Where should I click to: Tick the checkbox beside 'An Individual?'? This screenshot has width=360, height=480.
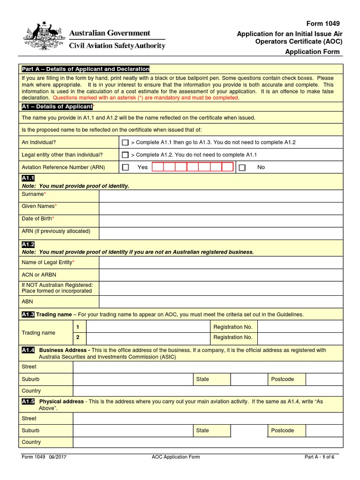pyautogui.click(x=125, y=142)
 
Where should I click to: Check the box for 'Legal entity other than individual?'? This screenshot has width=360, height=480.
pyautogui.click(x=125, y=155)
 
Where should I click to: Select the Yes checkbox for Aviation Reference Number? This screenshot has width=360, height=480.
pyautogui.click(x=125, y=167)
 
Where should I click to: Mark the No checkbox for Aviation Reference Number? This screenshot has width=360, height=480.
pyautogui.click(x=242, y=167)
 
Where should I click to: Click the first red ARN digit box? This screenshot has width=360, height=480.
pyautogui.click(x=157, y=167)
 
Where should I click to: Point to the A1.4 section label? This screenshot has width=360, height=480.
pyautogui.click(x=28, y=350)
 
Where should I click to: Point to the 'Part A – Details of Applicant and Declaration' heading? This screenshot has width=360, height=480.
pyautogui.click(x=85, y=69)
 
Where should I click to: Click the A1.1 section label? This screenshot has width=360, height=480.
pyautogui.click(x=28, y=179)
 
